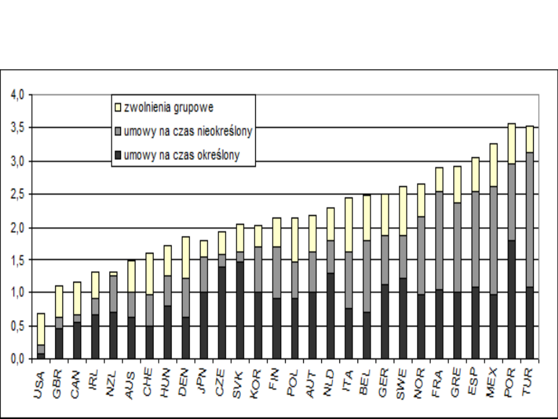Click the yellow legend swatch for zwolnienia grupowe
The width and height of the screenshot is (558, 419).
(118, 108)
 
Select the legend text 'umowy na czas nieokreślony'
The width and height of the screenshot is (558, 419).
(188, 132)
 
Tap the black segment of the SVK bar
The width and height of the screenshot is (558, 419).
(241, 310)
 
